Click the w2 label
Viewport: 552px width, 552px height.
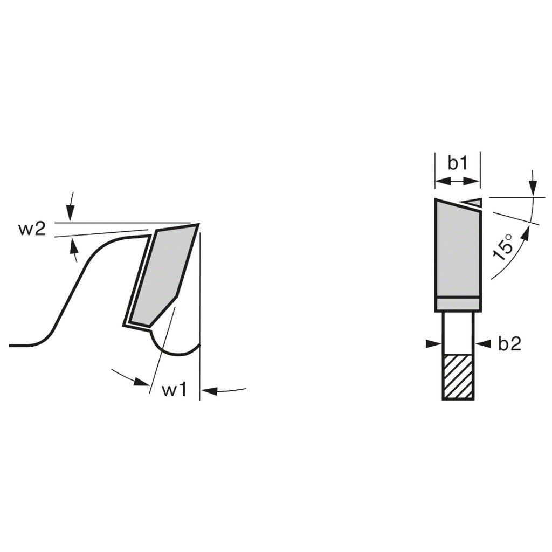tap(32, 230)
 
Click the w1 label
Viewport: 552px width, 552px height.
tap(174, 390)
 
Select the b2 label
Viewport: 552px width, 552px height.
tap(509, 343)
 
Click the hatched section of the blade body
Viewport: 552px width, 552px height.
tap(458, 377)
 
